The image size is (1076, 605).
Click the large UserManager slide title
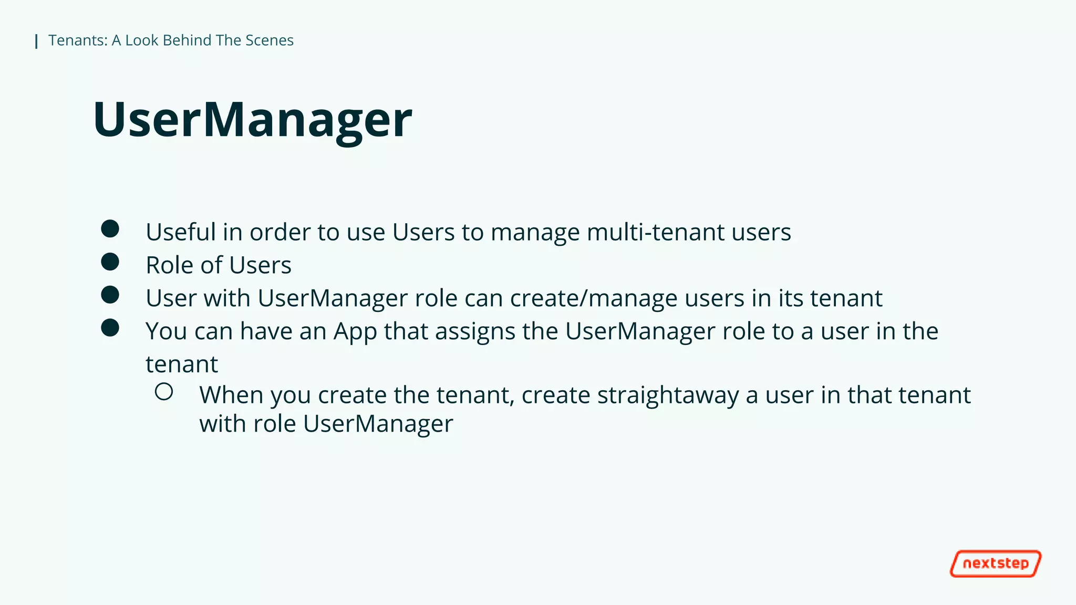(x=252, y=120)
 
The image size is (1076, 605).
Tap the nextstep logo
(x=995, y=564)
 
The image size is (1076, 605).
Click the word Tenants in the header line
(x=77, y=40)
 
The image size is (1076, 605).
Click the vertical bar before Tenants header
(x=36, y=41)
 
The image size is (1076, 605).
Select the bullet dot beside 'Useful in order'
(x=110, y=229)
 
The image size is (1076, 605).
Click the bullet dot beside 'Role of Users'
(x=110, y=262)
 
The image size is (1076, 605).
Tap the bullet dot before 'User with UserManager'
(x=110, y=295)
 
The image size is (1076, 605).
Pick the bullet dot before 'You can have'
(x=110, y=328)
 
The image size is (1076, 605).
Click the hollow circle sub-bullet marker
(x=164, y=392)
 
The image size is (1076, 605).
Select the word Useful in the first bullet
(x=180, y=232)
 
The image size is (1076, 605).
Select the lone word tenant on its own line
(x=181, y=364)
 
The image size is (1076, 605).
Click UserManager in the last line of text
(x=378, y=424)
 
